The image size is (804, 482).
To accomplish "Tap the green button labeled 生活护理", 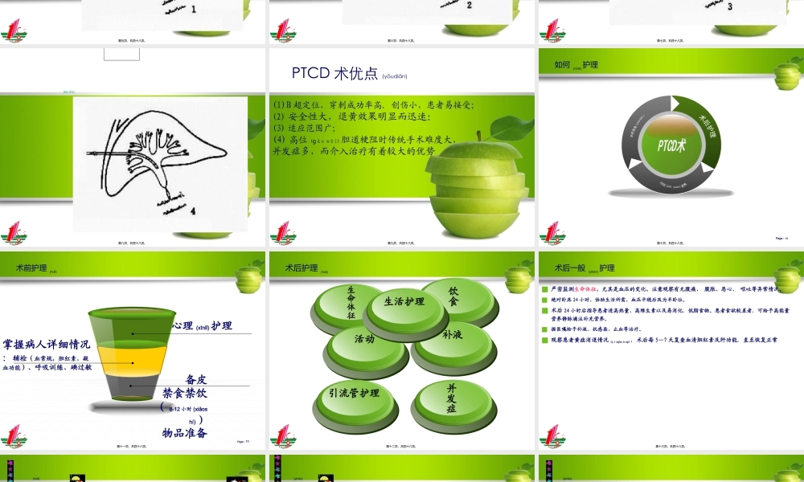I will click(x=404, y=303).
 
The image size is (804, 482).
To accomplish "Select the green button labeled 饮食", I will click(x=453, y=296).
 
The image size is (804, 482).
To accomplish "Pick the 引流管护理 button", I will click(x=354, y=394).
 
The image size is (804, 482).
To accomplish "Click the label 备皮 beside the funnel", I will click(x=196, y=378).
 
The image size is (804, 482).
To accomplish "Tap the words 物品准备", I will click(x=185, y=433).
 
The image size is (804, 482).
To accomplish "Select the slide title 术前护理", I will click(x=32, y=268).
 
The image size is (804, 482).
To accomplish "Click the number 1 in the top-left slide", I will click(x=193, y=9).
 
